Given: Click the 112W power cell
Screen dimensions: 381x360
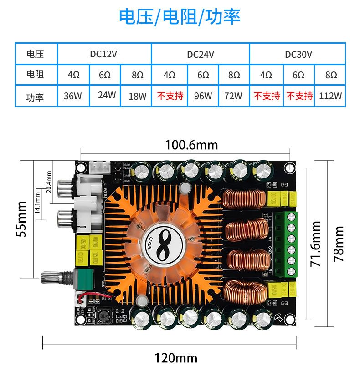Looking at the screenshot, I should tap(331, 96).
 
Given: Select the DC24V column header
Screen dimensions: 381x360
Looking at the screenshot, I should tap(201, 54).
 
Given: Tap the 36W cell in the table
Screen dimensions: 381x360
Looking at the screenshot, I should tap(73, 96).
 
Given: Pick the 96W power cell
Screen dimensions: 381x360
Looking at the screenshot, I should tap(203, 96).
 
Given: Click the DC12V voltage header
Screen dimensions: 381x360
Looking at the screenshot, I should tap(103, 54).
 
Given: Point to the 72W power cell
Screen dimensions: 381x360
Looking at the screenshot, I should tap(234, 96).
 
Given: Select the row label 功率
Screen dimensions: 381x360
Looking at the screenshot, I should tap(35, 97).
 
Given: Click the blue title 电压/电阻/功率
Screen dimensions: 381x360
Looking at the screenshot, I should tap(180, 17).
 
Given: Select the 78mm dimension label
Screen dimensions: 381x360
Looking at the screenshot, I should tap(339, 244).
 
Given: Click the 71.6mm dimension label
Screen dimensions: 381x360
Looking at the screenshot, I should tap(316, 244).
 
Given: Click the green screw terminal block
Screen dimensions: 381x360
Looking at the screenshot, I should tap(290, 244).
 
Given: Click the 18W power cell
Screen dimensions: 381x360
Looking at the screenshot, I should tap(137, 96).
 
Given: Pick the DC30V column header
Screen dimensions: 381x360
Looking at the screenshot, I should tap(298, 54).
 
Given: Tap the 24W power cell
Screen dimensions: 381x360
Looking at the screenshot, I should tap(107, 96).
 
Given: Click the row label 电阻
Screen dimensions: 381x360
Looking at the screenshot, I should tap(35, 75).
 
